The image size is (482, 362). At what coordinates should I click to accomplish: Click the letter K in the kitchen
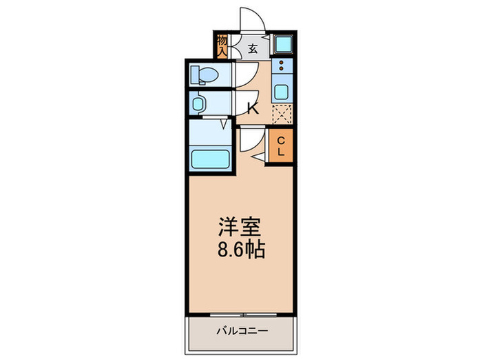coord(252,108)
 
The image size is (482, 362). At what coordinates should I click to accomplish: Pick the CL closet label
coord(281,146)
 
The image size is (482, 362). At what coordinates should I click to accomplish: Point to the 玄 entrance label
coord(253,48)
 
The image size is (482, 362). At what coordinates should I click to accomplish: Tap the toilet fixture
coord(205,73)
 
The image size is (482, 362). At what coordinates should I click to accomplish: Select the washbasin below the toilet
coord(199,103)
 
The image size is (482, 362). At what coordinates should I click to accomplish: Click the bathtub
coord(210,159)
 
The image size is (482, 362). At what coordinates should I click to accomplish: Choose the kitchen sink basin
coord(282,90)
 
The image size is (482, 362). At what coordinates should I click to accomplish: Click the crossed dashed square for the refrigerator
coord(282,113)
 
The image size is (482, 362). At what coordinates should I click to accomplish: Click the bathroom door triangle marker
coord(225,125)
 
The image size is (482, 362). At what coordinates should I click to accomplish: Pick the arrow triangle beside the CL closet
coord(260,159)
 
